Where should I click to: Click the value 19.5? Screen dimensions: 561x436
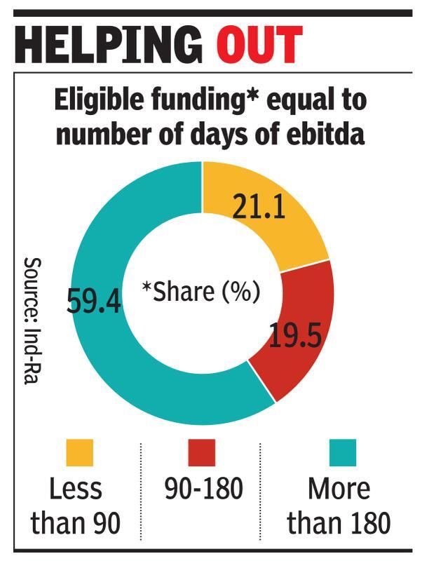click(296, 337)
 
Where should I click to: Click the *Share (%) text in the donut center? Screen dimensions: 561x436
click(201, 291)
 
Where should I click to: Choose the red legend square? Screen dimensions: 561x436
click(203, 453)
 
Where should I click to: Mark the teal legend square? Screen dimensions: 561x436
click(342, 453)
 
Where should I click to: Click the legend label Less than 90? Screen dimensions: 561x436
click(76, 506)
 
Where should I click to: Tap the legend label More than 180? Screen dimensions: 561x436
click(339, 506)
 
